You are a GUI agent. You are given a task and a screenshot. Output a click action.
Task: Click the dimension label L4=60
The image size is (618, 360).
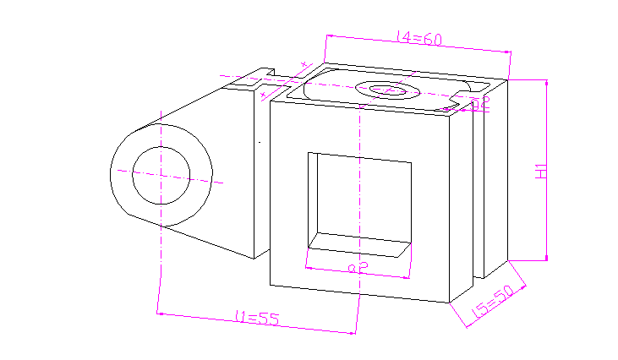(x=420, y=38)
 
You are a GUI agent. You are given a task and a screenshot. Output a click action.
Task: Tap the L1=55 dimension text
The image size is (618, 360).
(x=257, y=319)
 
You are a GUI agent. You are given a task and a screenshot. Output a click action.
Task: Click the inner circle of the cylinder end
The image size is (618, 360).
(x=161, y=176)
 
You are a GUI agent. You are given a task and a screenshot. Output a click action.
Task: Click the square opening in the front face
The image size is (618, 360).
(x=359, y=199)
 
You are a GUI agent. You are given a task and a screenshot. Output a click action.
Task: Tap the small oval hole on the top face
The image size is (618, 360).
(x=388, y=90)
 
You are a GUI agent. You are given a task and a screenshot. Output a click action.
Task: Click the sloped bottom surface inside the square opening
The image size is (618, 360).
(x=359, y=246)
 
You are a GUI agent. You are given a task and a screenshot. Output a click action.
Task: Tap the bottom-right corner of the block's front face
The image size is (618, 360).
(x=448, y=301)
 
